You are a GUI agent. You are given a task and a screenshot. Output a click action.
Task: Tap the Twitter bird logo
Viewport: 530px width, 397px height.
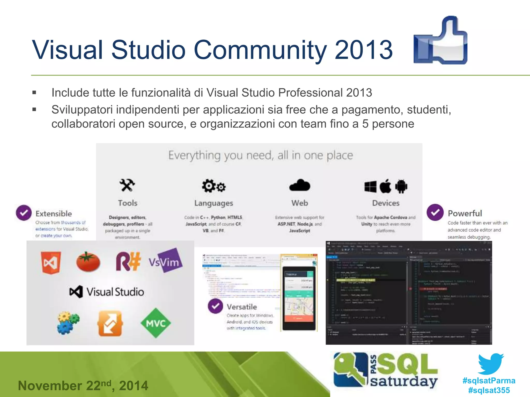click(x=490, y=363)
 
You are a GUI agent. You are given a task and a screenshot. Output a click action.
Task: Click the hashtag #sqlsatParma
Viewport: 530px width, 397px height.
click(x=489, y=380)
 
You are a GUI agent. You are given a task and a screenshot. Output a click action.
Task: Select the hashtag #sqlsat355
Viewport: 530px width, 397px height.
click(x=489, y=390)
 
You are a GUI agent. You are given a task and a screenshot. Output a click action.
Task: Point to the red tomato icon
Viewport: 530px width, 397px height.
click(x=88, y=262)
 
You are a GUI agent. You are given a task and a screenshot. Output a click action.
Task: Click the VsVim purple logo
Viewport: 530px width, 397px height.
click(x=165, y=261)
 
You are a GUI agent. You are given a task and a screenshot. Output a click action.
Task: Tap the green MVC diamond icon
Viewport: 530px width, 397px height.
click(x=156, y=323)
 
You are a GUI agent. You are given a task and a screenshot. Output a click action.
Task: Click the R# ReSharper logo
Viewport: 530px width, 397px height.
click(x=128, y=262)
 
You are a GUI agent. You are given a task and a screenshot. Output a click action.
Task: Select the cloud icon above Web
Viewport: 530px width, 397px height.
click(x=300, y=185)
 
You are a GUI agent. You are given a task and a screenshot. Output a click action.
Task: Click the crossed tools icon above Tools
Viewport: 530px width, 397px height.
click(x=127, y=185)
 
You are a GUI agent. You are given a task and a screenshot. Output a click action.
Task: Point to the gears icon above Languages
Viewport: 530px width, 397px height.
click(x=214, y=186)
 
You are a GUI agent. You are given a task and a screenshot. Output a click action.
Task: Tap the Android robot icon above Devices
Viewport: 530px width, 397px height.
click(x=401, y=186)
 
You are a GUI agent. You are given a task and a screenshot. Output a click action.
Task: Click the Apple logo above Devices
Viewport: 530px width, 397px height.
click(x=386, y=186)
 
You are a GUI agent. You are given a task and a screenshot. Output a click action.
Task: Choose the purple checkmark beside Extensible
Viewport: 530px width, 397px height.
click(x=24, y=213)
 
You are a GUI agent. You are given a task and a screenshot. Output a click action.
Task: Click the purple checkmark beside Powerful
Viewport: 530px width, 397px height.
click(x=435, y=212)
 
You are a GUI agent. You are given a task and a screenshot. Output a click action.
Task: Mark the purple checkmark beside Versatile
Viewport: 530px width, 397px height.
click(x=215, y=306)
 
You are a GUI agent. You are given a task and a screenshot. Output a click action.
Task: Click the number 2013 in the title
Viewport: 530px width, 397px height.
click(x=364, y=50)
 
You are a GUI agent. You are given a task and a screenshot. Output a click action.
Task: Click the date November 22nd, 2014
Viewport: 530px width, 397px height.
click(x=83, y=385)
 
